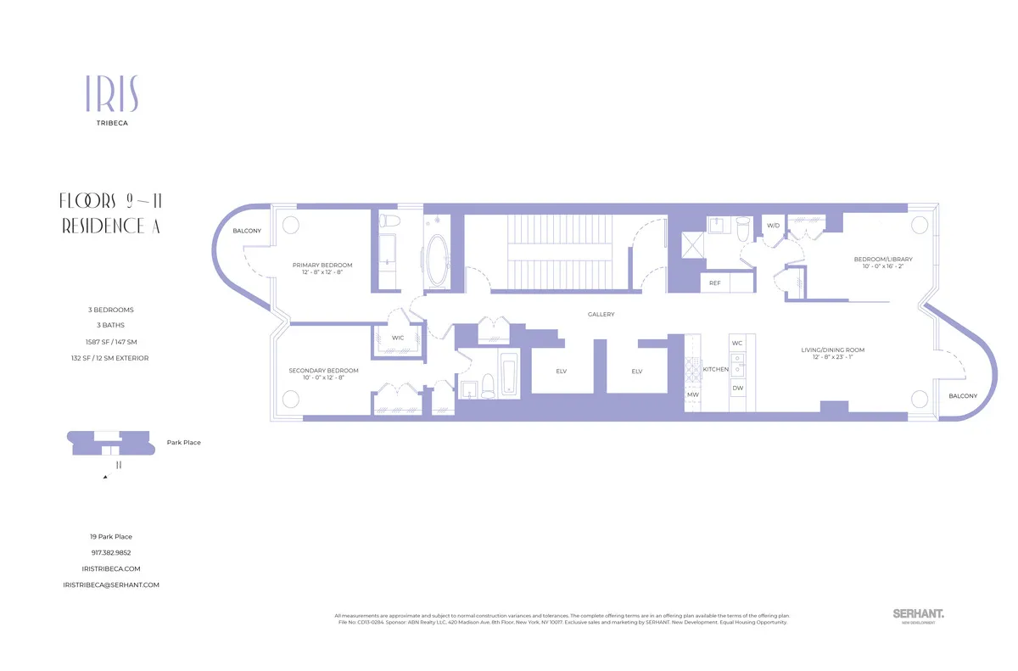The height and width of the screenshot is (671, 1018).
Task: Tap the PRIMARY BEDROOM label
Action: point(322,265)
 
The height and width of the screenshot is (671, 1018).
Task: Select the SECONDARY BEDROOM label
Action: point(323,371)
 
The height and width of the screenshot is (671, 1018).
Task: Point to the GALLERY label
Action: point(601,315)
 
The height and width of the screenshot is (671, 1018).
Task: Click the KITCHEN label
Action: point(716,370)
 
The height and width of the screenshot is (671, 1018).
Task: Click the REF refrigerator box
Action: point(715,283)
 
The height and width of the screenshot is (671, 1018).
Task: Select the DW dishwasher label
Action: point(737,388)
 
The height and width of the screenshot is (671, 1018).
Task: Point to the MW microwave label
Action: point(693,394)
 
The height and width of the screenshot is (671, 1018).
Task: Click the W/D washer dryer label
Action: point(773,226)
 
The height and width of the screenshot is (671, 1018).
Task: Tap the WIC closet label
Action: point(398,338)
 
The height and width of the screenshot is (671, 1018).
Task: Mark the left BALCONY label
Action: point(247,231)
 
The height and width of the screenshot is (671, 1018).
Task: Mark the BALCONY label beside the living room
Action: point(963,396)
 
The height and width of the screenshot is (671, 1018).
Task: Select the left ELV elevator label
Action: point(561,372)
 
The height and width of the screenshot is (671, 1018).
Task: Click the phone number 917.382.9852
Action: point(111,552)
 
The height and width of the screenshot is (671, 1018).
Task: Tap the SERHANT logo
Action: point(919,613)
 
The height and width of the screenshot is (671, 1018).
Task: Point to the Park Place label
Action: point(184,442)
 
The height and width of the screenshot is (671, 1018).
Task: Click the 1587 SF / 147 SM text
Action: point(111,342)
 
